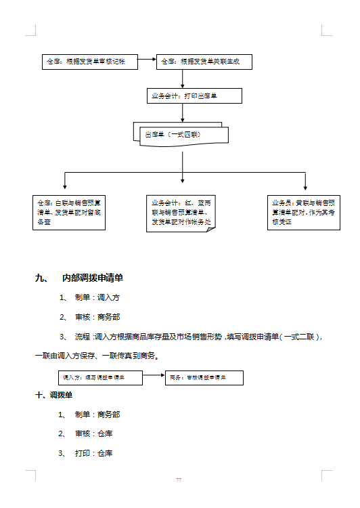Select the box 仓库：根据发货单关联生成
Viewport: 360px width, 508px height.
point(204,62)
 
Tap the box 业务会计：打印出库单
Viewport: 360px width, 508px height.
point(194,96)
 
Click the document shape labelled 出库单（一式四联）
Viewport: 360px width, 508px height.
point(180,134)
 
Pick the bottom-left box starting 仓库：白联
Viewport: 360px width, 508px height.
point(70,212)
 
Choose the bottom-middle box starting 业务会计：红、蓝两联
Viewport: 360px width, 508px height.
point(181,212)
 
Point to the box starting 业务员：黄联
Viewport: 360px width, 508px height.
point(304,212)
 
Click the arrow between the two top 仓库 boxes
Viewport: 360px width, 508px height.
point(147,62)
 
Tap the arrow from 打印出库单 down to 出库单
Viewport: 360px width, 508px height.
point(183,113)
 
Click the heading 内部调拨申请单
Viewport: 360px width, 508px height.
point(92,278)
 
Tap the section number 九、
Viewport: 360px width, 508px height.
point(41,278)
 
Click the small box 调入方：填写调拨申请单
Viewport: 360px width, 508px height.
point(99,377)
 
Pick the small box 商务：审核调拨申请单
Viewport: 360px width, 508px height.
point(204,377)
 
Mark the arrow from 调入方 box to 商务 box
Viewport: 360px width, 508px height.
point(154,377)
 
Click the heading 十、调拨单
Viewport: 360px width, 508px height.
point(54,395)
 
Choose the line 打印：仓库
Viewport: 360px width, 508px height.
point(93,453)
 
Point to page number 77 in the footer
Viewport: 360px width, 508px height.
point(179,480)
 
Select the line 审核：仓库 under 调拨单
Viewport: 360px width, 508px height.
point(93,433)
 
